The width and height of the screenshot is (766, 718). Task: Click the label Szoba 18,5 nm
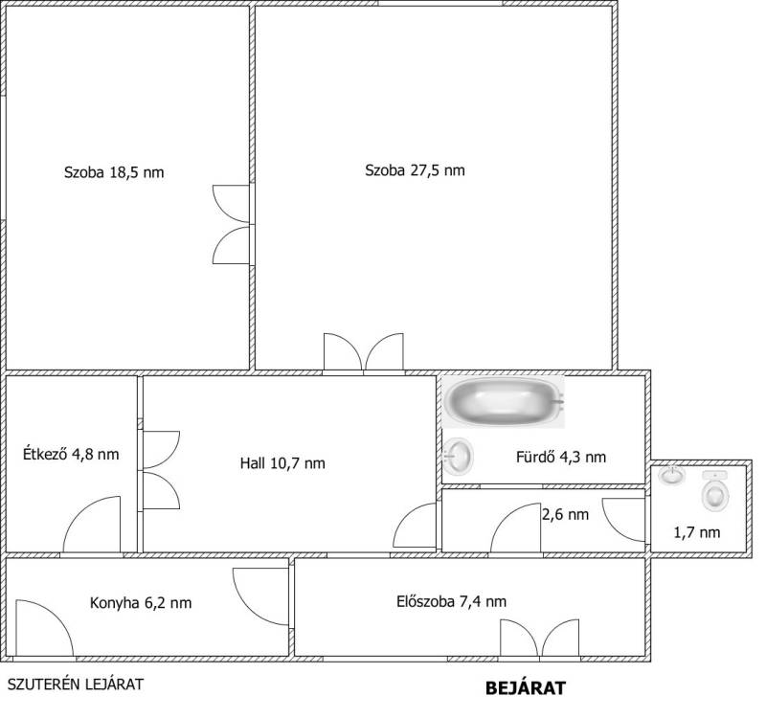pos(114,172)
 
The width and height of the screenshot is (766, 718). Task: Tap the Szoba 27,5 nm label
pos(415,170)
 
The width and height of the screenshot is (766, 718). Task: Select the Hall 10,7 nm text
pos(282,463)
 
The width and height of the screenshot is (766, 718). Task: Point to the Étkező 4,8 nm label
pos(71,454)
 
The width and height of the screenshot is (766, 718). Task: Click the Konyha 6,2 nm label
pos(141,603)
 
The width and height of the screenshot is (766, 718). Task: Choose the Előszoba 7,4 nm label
pos(451,601)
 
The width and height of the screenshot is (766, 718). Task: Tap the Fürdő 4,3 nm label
pos(561,457)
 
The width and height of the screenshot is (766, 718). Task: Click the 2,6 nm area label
pos(565,514)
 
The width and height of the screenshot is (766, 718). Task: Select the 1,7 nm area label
pos(697,532)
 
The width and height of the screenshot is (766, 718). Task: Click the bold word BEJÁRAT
pos(525,688)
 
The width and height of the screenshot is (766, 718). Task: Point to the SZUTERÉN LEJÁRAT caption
pos(76,684)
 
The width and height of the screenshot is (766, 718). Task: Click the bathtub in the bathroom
pos(504,401)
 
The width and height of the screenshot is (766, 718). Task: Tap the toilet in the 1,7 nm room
pos(715,491)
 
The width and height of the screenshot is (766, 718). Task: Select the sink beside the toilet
pos(671,475)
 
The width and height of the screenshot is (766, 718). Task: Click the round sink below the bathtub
pos(459,456)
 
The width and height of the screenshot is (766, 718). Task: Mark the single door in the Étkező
pos(92,525)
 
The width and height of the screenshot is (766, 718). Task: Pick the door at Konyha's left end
pos(44,628)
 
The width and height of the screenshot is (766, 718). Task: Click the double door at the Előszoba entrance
pos(540,638)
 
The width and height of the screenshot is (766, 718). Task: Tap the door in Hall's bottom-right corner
pos(415,525)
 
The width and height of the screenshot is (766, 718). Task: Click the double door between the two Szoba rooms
pos(231,225)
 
